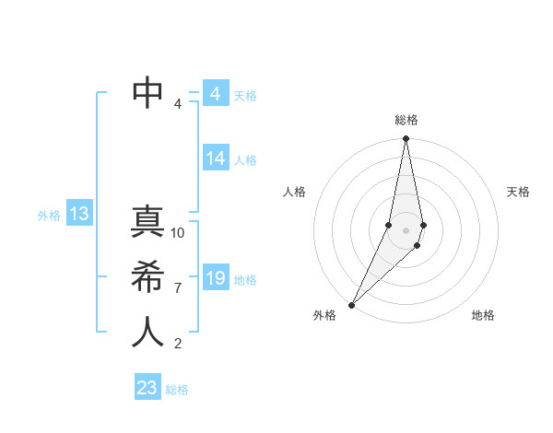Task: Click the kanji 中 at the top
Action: click(147, 92)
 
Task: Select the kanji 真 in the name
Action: click(147, 224)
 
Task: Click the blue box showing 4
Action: click(215, 94)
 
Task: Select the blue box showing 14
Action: click(215, 158)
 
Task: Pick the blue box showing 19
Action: click(215, 278)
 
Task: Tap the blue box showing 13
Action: click(78, 215)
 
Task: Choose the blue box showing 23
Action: click(147, 388)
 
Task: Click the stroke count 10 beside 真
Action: click(178, 232)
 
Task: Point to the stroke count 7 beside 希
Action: click(178, 287)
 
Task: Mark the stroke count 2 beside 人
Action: click(178, 344)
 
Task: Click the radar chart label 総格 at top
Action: click(406, 120)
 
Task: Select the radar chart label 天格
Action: click(519, 192)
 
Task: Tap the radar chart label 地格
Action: click(483, 315)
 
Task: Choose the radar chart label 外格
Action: click(324, 315)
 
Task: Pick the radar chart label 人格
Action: click(294, 192)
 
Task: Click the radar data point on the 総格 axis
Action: click(406, 139)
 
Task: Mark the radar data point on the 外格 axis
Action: click(351, 305)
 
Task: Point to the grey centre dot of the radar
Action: click(406, 229)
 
